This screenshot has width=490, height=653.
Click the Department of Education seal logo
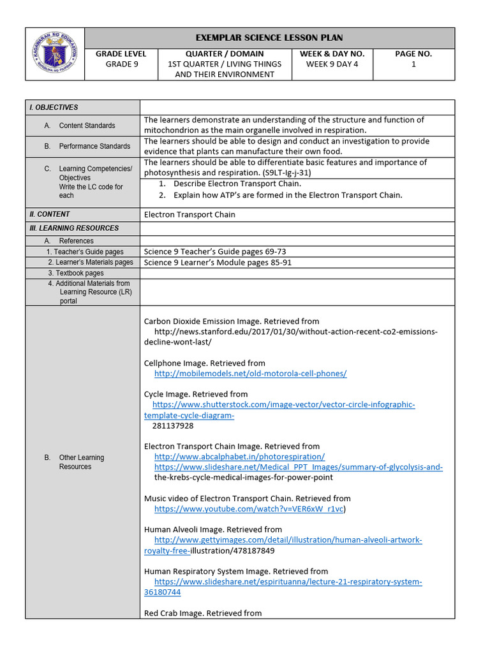click(x=54, y=54)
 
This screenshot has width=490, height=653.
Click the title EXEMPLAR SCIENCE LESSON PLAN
click(x=269, y=38)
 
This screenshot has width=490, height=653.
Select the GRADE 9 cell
click(x=121, y=64)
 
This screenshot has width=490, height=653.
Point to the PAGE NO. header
click(x=413, y=54)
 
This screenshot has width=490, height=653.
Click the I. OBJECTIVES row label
click(x=54, y=107)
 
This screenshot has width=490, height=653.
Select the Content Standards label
click(x=87, y=126)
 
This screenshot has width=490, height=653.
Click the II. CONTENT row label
click(x=50, y=214)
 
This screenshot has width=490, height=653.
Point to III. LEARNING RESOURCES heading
click(x=74, y=228)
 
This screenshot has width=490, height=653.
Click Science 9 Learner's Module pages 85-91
click(x=218, y=262)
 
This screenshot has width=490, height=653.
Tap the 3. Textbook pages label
click(x=75, y=273)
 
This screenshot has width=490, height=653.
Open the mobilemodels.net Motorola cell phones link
click(x=250, y=374)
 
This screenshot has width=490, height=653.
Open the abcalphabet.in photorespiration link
click(x=239, y=457)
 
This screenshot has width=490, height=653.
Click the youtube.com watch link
click(x=249, y=509)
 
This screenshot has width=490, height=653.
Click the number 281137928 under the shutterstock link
click(x=173, y=425)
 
